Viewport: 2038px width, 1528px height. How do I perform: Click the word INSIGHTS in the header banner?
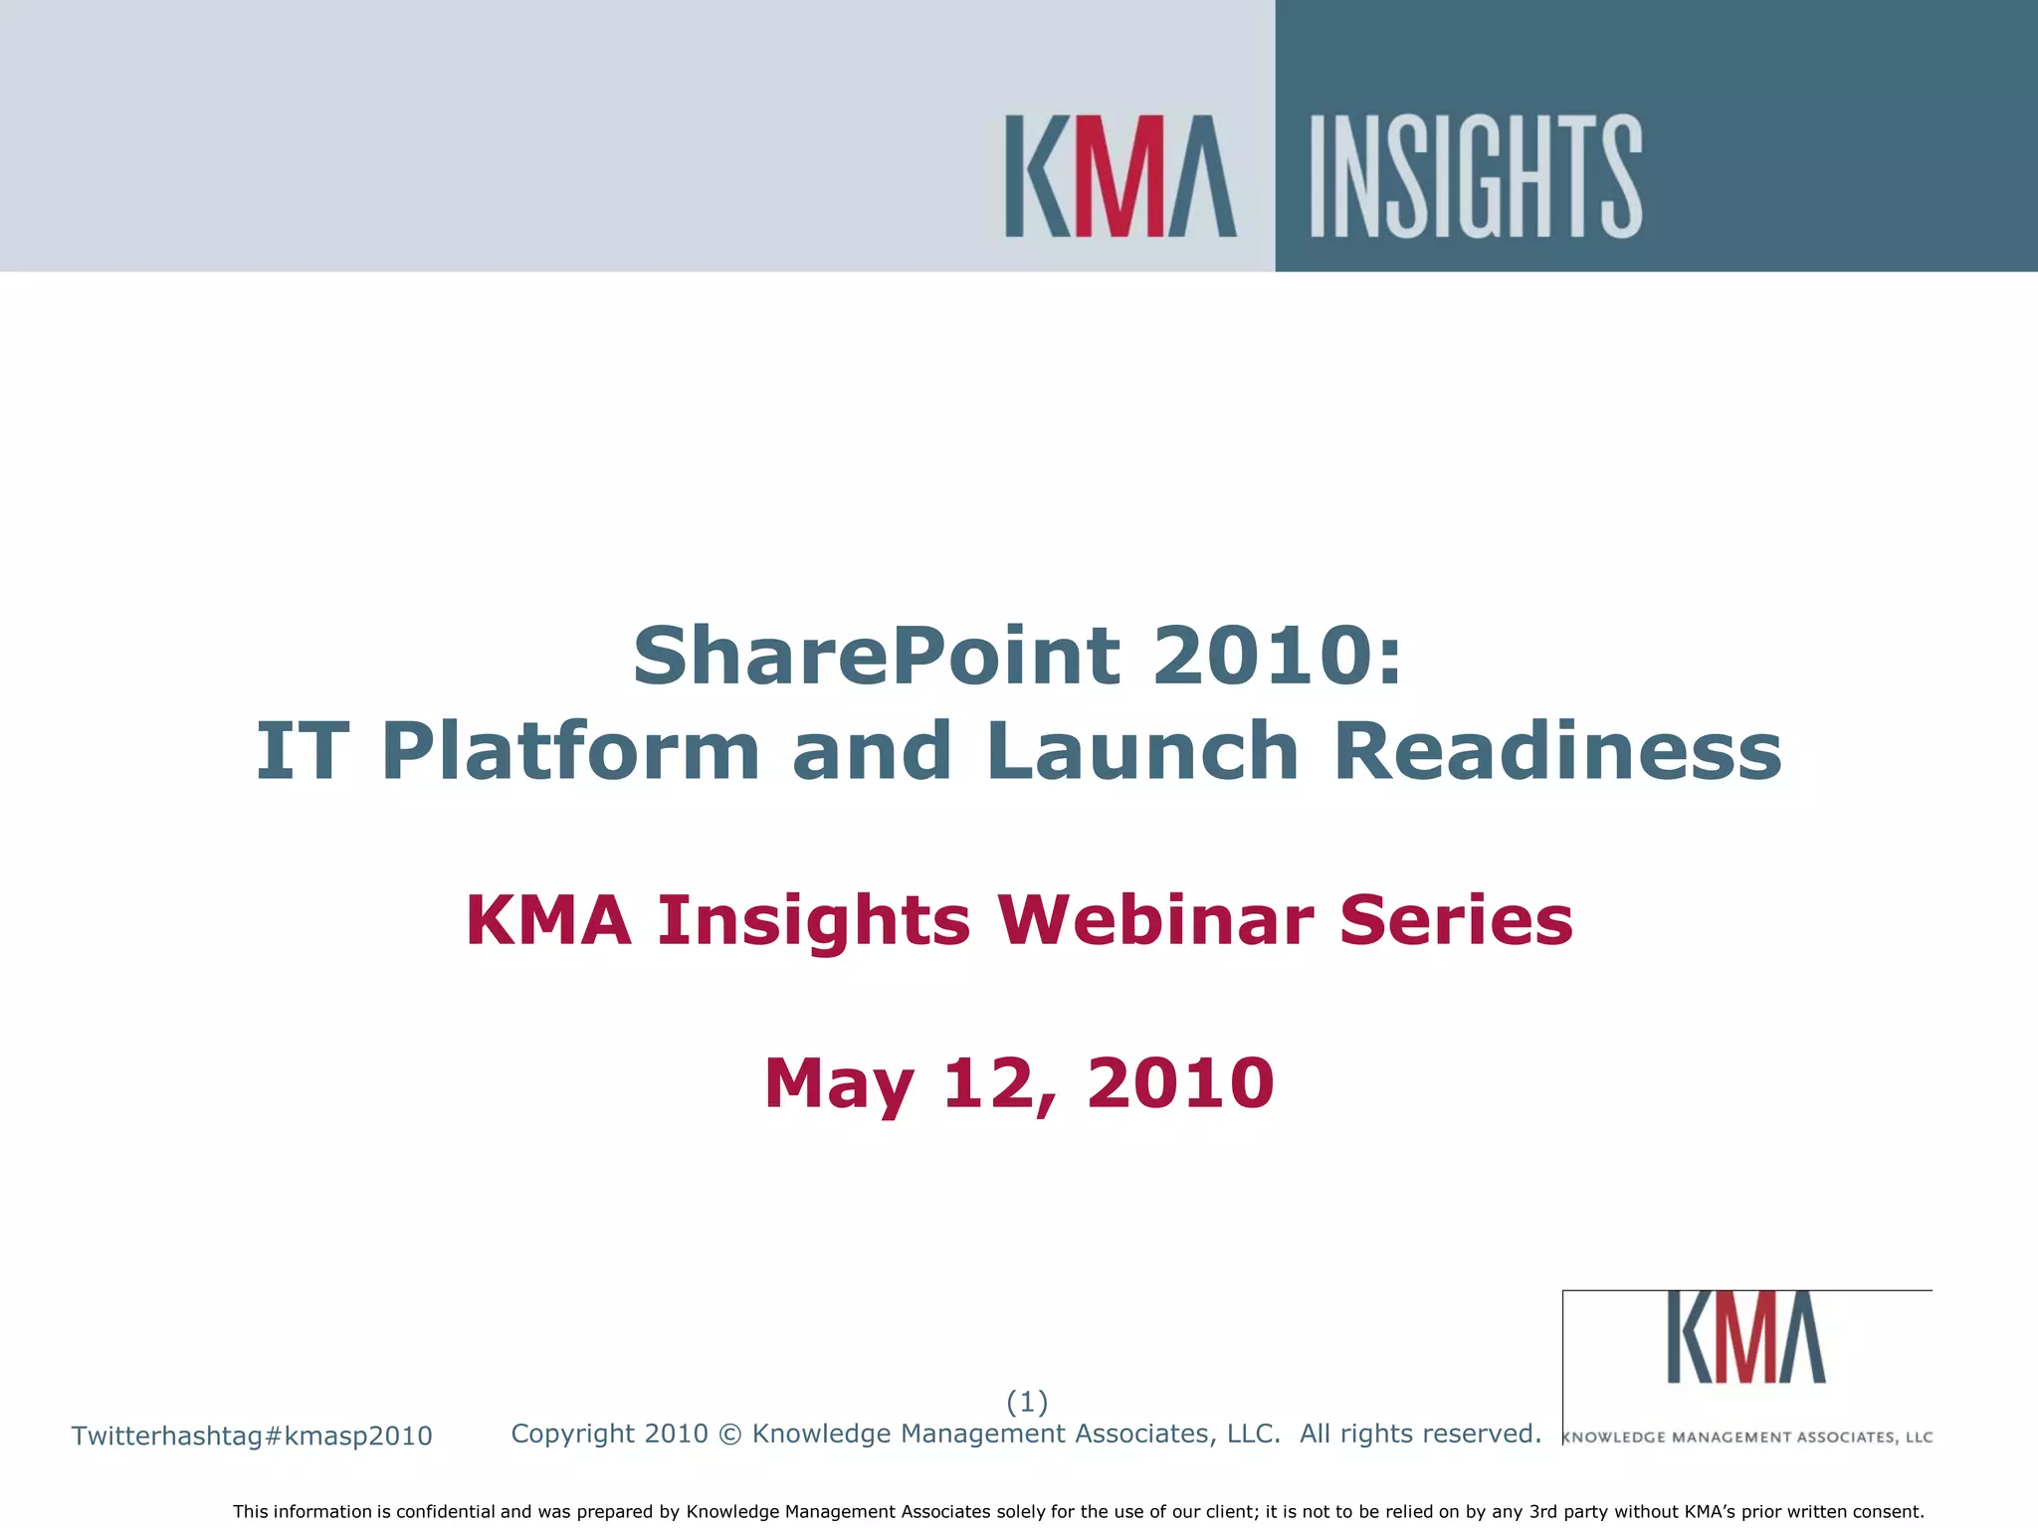coord(1476,176)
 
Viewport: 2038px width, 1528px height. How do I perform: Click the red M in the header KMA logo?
coord(1120,176)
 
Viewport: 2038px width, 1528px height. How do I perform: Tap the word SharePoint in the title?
coord(876,656)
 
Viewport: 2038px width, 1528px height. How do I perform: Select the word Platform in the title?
coord(571,751)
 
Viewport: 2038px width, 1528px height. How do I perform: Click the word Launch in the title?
coord(1143,751)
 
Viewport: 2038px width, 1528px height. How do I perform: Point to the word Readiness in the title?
coord(1557,751)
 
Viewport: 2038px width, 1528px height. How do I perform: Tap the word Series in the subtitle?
coord(1456,920)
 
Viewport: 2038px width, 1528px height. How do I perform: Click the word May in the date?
coord(839,1084)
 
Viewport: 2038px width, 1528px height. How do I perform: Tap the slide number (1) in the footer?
coord(1027,1402)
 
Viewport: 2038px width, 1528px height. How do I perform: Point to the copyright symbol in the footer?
coord(729,1434)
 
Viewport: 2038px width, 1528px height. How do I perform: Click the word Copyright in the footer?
coord(573,1434)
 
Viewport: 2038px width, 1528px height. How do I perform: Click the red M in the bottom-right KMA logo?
coord(1746,1338)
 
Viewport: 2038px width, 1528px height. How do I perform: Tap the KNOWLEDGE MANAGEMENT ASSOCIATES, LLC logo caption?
coord(1747,1437)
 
